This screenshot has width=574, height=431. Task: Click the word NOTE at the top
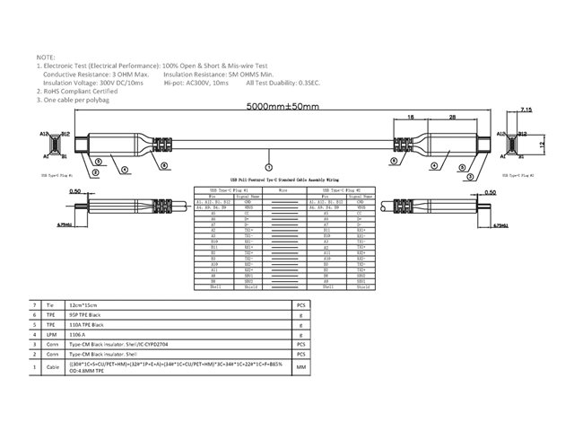(x=45, y=55)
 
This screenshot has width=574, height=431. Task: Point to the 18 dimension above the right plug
(x=409, y=117)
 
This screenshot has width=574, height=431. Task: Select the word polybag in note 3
(x=100, y=101)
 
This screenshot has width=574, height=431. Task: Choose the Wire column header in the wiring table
(x=282, y=191)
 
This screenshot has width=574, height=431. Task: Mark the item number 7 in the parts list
(x=34, y=306)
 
